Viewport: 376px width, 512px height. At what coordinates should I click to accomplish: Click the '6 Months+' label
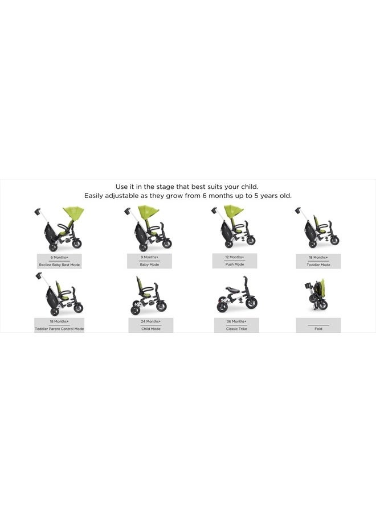59,257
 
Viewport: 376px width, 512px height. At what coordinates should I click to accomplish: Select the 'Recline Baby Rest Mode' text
59,265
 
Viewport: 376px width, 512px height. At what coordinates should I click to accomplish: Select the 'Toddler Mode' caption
318,265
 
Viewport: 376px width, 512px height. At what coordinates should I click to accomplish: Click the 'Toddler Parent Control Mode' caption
59,329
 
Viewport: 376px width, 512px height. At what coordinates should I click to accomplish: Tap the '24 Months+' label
151,321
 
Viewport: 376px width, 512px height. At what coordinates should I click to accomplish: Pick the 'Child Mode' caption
151,329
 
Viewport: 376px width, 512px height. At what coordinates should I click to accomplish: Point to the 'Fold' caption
318,329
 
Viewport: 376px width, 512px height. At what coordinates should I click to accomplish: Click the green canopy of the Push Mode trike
234,212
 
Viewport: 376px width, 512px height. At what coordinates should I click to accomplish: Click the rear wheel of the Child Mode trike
137,309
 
